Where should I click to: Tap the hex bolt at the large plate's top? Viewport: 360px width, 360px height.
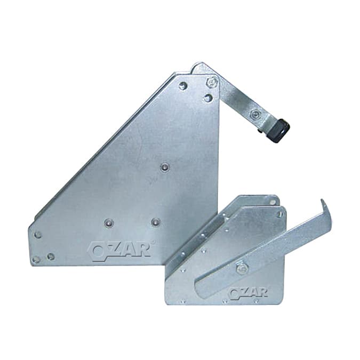click(x=212, y=82)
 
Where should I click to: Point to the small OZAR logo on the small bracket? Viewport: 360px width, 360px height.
click(x=249, y=293)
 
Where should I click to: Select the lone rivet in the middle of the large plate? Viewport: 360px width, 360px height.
click(x=165, y=167)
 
